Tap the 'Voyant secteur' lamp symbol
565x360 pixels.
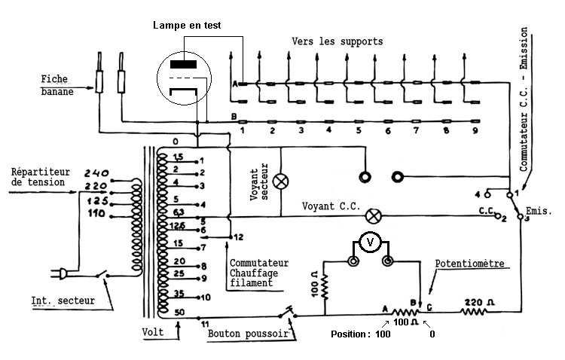click(280, 182)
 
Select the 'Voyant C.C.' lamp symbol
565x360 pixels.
click(371, 215)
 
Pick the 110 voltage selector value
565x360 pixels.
click(96, 214)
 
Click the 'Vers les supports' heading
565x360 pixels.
click(337, 40)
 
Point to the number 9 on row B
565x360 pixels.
click(475, 131)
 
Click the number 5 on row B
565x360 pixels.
click(358, 131)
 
